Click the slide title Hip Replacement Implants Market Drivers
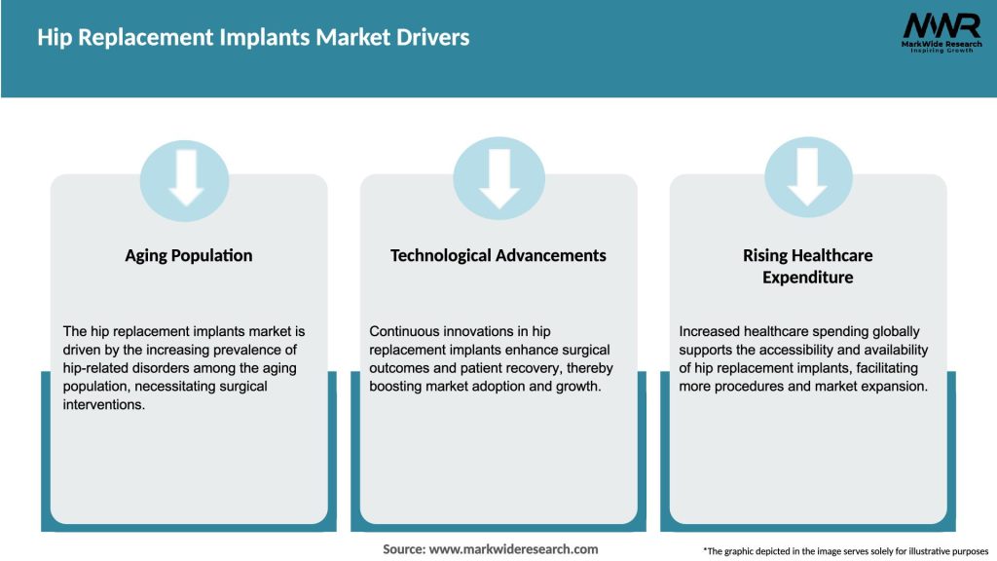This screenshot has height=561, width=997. (253, 38)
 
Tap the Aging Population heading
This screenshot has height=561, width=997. (188, 256)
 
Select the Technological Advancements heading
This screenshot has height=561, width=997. (498, 256)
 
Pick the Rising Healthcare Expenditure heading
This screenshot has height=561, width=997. (807, 266)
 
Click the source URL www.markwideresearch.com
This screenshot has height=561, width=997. (513, 549)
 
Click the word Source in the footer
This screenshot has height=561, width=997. (403, 549)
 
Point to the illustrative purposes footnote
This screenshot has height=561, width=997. (845, 551)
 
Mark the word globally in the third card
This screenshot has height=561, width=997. (892, 332)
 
